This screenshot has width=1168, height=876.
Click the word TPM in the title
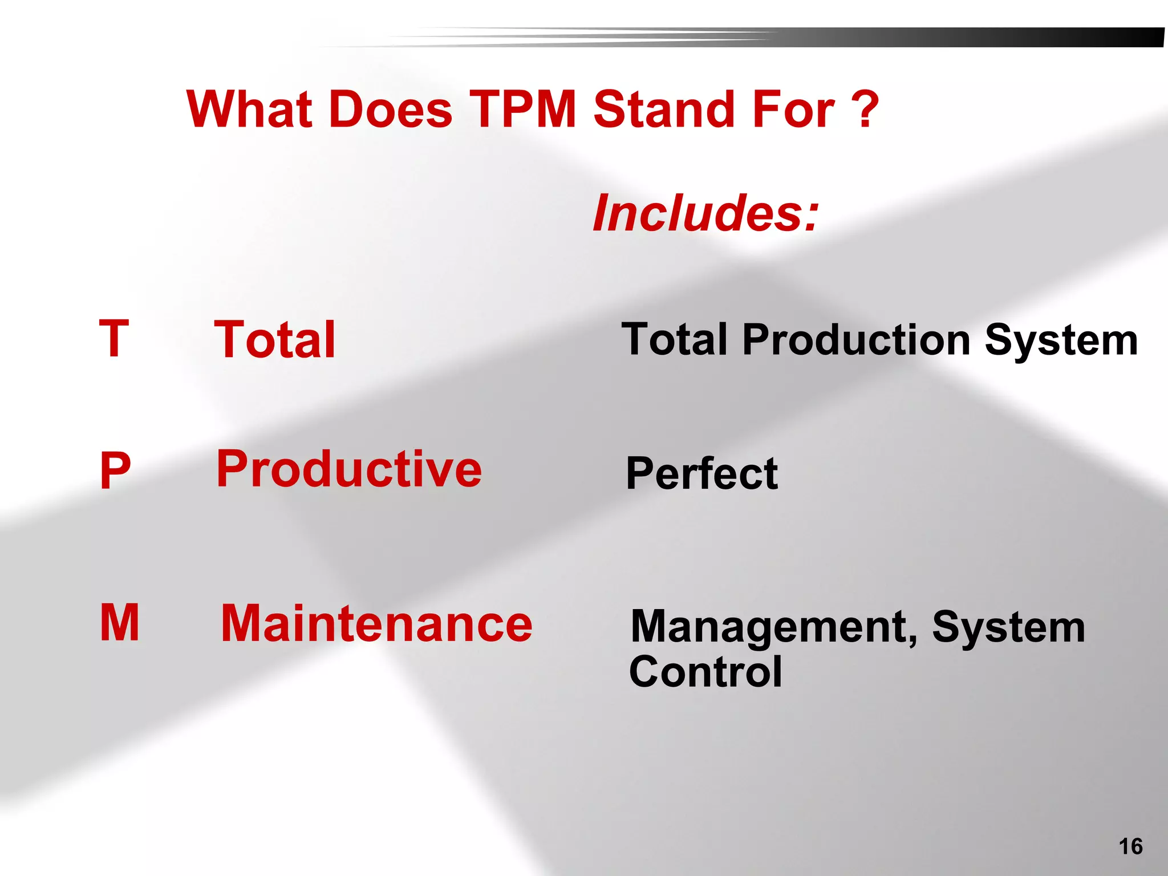pos(523,109)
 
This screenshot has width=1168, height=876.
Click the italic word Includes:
pos(705,213)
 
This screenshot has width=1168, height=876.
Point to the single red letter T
pos(114,339)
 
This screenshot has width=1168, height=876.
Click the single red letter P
pos(115,471)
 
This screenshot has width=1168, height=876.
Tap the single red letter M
pos(120,623)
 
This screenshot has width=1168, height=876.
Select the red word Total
pos(274,340)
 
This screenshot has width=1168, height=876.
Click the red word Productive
pos(349,469)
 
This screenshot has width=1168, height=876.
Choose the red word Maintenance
pos(376,624)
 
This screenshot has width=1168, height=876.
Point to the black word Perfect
pos(701,473)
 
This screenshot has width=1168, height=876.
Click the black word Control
pos(705,672)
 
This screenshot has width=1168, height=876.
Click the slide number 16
pos(1130,846)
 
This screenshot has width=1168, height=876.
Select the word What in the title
pos(249,109)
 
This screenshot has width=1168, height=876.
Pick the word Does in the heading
pos(391,109)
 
